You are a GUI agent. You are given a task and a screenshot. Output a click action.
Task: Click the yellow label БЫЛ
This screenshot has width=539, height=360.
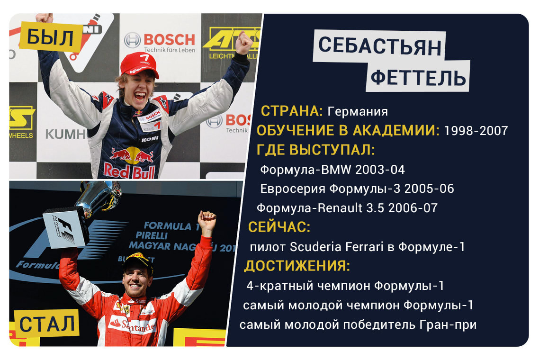click(x=51, y=37)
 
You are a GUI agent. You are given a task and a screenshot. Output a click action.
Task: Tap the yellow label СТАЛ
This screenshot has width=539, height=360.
click(x=46, y=324)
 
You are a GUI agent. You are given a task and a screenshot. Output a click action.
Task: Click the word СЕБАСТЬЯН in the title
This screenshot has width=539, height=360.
click(x=379, y=46)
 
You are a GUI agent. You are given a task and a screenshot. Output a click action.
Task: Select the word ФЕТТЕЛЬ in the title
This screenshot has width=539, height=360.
click(x=418, y=77)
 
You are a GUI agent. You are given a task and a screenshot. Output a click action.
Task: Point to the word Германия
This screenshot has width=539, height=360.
click(x=358, y=111)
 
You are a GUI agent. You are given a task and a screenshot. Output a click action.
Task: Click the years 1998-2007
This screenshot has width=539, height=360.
click(x=476, y=131)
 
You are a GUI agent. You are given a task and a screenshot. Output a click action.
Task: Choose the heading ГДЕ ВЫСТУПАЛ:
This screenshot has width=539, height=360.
click(x=315, y=150)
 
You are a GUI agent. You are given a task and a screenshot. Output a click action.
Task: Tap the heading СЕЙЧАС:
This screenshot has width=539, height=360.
click(x=279, y=227)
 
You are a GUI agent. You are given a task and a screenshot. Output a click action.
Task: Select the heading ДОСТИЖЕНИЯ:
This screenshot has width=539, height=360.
click(x=297, y=266)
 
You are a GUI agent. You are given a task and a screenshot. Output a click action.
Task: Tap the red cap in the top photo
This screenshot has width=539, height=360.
click(x=139, y=64)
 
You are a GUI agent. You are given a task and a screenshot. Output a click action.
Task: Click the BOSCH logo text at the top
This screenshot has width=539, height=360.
click(x=169, y=39)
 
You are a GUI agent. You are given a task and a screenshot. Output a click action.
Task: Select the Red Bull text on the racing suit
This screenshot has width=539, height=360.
click(x=129, y=171)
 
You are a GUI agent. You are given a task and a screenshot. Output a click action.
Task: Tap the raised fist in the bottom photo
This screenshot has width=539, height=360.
click(x=207, y=220)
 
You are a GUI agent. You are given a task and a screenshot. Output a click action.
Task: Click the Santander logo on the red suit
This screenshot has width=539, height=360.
click(x=132, y=324)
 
